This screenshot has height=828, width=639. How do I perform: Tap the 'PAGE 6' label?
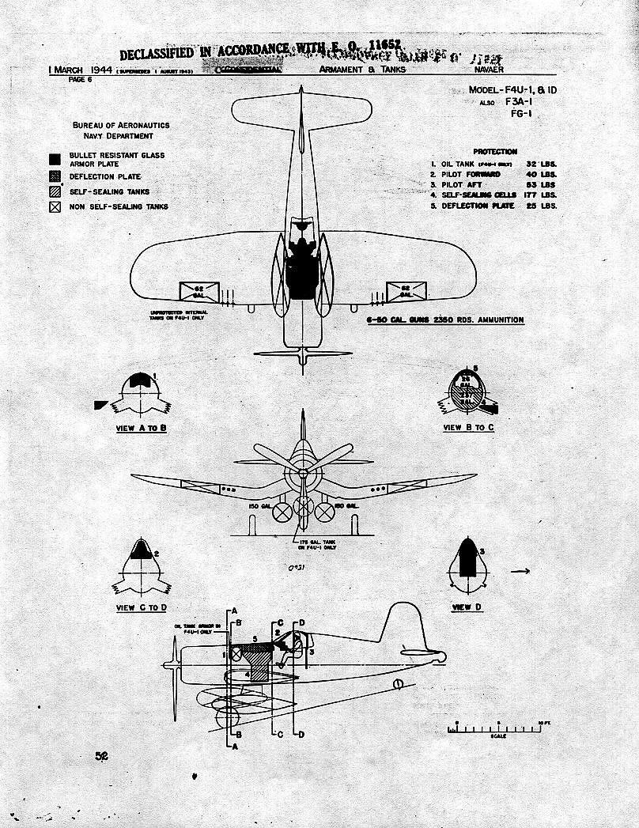80,79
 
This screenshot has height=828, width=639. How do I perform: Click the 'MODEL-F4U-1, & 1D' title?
512,90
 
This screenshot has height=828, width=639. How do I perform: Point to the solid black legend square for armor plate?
55,159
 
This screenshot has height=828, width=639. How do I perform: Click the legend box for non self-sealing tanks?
55,207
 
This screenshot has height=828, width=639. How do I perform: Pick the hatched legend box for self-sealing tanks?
55,191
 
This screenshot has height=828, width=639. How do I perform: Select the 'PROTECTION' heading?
495,151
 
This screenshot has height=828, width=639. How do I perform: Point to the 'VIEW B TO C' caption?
469,427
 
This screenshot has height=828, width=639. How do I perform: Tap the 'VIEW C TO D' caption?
142,607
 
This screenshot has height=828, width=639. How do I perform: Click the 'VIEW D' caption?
467,607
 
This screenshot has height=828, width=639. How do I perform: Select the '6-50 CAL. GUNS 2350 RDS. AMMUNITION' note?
444,320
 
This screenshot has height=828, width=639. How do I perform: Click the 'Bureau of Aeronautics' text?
121,125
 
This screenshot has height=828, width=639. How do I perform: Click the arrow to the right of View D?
520,571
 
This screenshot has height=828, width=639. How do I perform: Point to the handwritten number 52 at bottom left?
101,756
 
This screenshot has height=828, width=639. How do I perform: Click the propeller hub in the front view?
302,476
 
